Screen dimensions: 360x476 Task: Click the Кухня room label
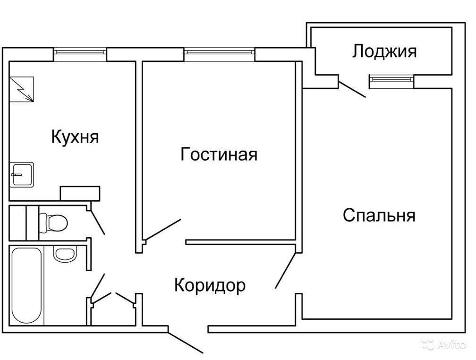tap(75, 137)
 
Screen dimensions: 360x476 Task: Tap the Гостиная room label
tap(219, 154)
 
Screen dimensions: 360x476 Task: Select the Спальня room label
tap(379, 215)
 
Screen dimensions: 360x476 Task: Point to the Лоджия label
tap(384, 51)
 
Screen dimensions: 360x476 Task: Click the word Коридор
tap(210, 285)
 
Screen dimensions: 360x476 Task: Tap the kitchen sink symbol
tap(22, 174)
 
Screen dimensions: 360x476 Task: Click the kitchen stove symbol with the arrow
tap(22, 88)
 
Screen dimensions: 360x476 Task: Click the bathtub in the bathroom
tap(27, 285)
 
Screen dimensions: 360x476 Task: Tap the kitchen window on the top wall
tap(79, 54)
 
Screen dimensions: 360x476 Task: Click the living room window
tap(219, 54)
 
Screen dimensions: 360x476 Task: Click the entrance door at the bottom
tap(186, 341)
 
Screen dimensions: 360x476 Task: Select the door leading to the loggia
tap(352, 88)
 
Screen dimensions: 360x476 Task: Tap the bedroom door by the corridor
tap(286, 270)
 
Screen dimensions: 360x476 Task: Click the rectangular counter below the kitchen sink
tap(80, 193)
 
